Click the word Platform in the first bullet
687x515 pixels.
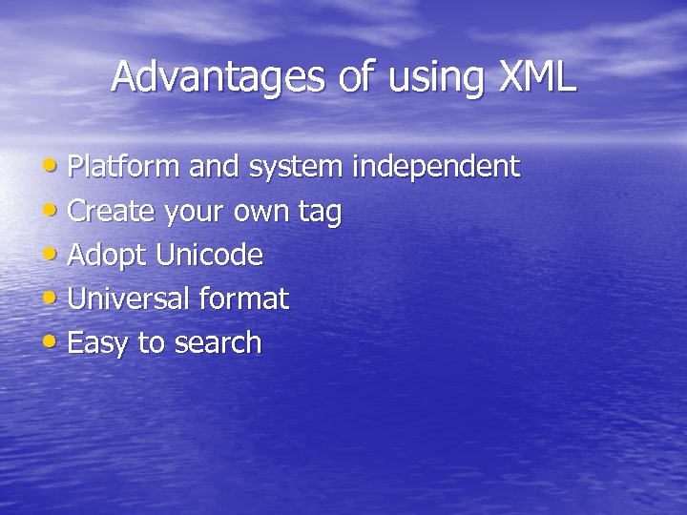pyautogui.click(x=124, y=167)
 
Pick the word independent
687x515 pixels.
pyautogui.click(x=436, y=167)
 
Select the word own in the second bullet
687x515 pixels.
pyautogui.click(x=261, y=212)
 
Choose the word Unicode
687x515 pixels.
pyautogui.click(x=209, y=255)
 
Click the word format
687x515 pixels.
pyautogui.click(x=243, y=299)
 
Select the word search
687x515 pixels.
pyautogui.click(x=218, y=342)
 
